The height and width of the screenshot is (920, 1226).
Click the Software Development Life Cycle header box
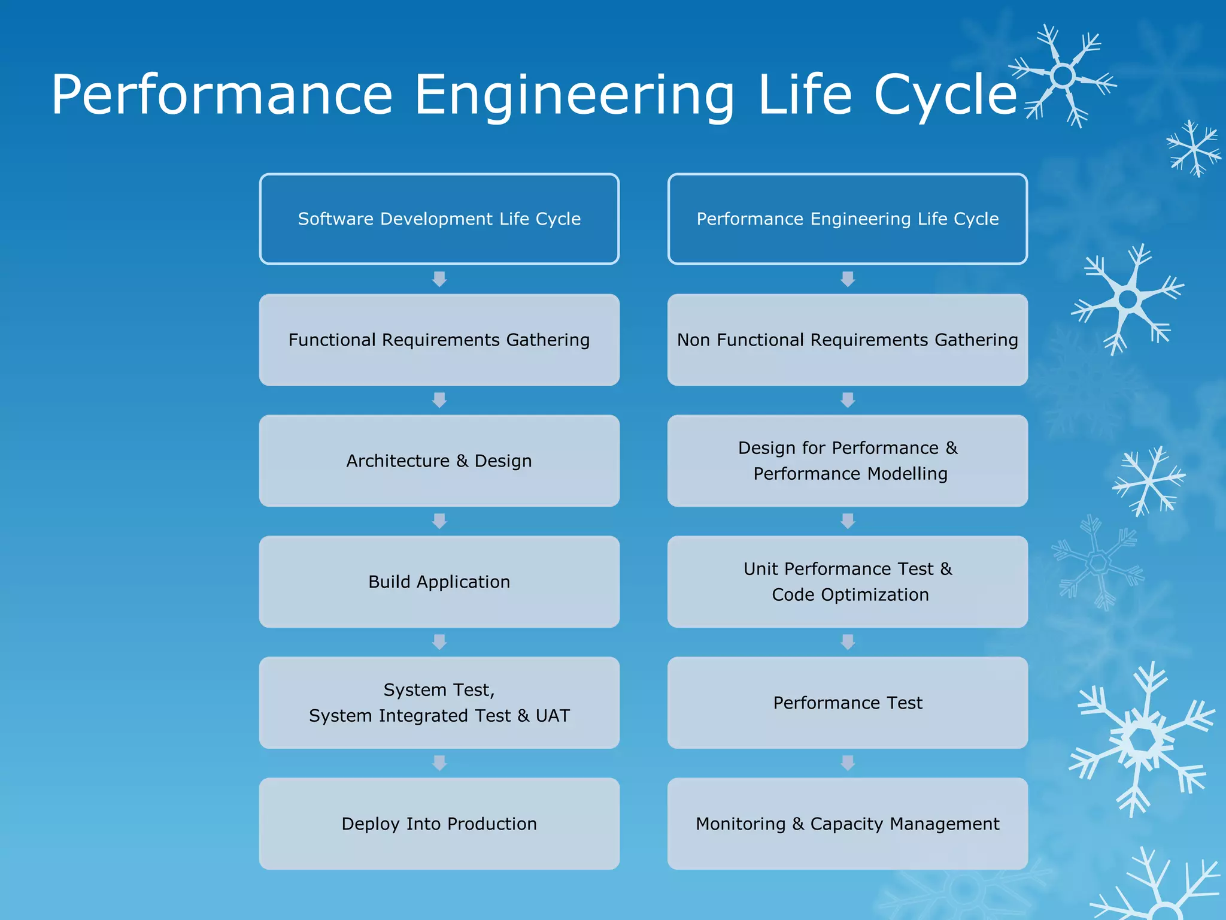point(439,219)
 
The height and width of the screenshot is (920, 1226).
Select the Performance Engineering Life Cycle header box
point(847,219)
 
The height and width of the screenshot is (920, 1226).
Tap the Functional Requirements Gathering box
point(439,340)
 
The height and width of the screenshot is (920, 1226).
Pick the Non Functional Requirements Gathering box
point(847,340)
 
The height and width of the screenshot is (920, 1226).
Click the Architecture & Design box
point(439,461)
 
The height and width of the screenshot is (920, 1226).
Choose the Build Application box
point(439,582)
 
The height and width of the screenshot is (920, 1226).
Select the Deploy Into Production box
point(439,824)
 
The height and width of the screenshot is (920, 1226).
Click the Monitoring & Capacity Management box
point(847,824)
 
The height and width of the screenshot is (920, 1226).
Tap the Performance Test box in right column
point(847,703)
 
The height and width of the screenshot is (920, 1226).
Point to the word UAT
point(553,716)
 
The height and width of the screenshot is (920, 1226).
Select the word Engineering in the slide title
point(573,96)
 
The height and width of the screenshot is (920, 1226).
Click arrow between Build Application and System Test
point(439,642)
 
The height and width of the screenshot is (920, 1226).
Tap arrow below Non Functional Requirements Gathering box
point(848,400)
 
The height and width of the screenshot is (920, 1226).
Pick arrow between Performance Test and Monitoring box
point(848,763)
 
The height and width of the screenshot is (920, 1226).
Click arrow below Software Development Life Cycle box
point(439,279)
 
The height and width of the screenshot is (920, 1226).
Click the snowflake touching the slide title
point(1063,76)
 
